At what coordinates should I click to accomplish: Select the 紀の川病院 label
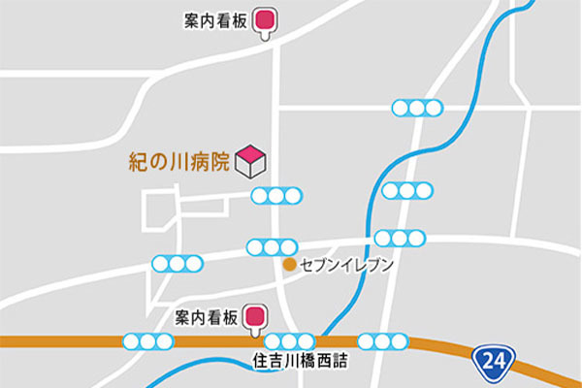click(x=179, y=162)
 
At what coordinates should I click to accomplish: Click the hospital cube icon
click(x=251, y=161)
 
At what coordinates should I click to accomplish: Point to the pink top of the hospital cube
click(x=251, y=152)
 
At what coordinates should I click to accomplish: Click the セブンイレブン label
click(x=346, y=264)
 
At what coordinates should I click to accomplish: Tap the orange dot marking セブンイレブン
click(x=288, y=263)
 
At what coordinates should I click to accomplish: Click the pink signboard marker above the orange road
click(x=256, y=316)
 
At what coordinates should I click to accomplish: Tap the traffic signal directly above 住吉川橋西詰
click(x=290, y=340)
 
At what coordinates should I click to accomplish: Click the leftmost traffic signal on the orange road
click(x=147, y=340)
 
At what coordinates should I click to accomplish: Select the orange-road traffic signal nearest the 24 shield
click(x=383, y=340)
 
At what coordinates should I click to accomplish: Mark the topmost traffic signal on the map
click(x=417, y=108)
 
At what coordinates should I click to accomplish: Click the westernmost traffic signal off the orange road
click(x=178, y=262)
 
